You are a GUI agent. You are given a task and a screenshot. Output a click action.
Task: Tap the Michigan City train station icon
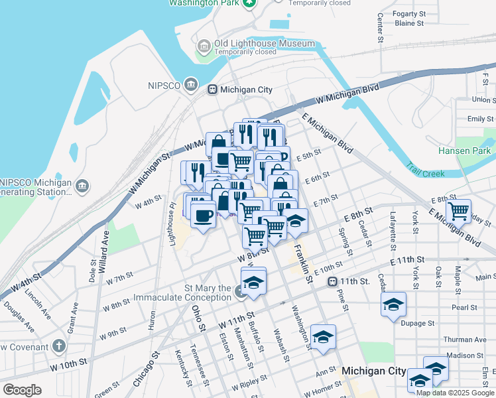click(212, 90)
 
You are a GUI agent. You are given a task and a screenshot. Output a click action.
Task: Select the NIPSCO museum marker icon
click(191, 84)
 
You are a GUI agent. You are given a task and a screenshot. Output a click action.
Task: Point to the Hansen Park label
click(464, 151)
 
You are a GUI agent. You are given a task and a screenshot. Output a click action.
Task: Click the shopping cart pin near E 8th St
click(458, 211)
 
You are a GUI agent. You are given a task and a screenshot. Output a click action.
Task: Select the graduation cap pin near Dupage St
click(393, 304)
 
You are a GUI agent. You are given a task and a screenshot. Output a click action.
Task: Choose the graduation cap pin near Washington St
click(323, 337)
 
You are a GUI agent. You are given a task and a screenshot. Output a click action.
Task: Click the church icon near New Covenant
click(59, 346)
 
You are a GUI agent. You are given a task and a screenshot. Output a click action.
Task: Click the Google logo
click(23, 389)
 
